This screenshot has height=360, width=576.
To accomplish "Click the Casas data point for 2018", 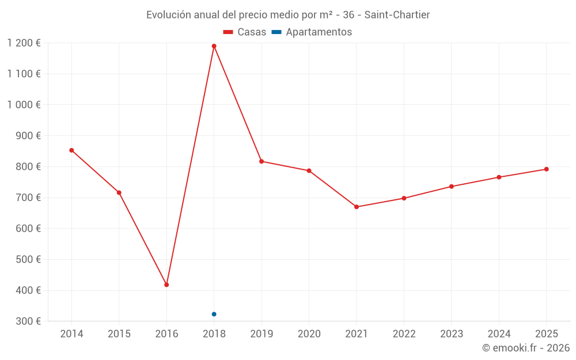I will point(214,46).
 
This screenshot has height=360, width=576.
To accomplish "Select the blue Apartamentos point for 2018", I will point(214,314).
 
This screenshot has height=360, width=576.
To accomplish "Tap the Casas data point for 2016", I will point(166,285).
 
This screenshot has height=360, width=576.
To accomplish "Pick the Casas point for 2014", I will point(71,150).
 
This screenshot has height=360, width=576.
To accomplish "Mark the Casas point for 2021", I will point(357,207).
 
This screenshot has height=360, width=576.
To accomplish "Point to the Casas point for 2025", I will point(546,169).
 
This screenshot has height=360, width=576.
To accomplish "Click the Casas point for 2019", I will point(262,161).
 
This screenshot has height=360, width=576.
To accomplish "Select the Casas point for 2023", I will point(451,187).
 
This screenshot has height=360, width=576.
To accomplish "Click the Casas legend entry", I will point(245,32).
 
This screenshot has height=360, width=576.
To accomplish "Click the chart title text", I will point(288,15).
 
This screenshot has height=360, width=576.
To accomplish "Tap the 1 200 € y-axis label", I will point(24,43).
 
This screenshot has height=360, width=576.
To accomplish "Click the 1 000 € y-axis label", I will point(24,105).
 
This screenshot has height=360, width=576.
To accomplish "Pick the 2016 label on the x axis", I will point(166,334).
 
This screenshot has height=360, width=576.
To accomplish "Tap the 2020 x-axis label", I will point(309,334).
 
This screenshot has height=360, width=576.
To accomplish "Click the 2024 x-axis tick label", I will point(499,334).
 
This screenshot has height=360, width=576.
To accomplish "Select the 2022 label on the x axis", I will point(404,334).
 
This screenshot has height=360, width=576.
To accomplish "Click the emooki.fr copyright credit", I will point(525,348).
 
